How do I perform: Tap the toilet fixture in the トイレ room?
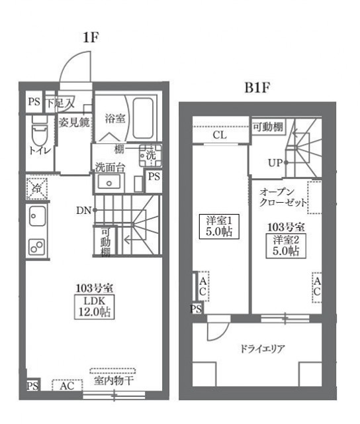[x=38, y=135]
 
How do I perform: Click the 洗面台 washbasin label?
[x=109, y=167]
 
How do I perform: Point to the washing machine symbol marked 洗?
[x=150, y=156]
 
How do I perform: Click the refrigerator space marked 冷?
[x=37, y=189]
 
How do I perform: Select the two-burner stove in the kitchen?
[x=36, y=246]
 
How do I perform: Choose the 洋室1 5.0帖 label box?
[x=218, y=227]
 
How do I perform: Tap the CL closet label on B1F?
[x=220, y=135]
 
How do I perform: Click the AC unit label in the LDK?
[x=67, y=386]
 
